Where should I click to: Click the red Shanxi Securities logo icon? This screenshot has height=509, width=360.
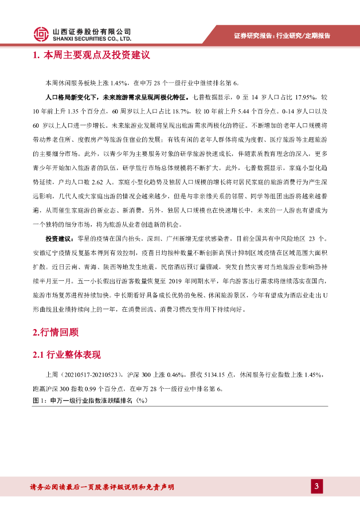(x=41, y=34)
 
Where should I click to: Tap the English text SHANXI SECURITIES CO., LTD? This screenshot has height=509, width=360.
(x=92, y=38)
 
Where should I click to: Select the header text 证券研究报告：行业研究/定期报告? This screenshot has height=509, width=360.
(x=282, y=36)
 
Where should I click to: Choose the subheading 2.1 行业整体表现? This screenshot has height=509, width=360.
(x=67, y=355)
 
